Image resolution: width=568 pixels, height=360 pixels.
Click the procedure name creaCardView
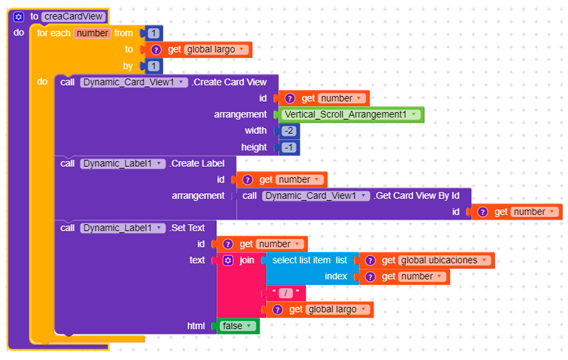click(74, 16)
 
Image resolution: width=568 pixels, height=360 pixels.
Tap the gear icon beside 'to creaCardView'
click(19, 17)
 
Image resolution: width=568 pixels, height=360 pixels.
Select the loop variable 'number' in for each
click(92, 33)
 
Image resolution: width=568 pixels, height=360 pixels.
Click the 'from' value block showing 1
click(154, 33)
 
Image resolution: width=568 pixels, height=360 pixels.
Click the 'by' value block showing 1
click(154, 66)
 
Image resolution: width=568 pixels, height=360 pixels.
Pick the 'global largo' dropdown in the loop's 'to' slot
click(215, 49)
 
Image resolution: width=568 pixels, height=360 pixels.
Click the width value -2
click(289, 131)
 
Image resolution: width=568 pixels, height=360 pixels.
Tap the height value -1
click(289, 147)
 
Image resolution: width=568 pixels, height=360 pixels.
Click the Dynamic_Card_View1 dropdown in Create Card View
click(134, 82)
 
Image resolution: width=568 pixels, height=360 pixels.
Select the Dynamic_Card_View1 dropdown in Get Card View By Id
click(316, 196)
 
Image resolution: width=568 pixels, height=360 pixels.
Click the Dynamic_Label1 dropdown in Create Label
click(122, 164)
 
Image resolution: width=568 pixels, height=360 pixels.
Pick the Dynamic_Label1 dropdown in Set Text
click(122, 228)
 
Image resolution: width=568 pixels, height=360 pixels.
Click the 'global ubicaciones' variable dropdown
click(444, 260)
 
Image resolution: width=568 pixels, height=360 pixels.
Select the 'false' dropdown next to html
click(237, 326)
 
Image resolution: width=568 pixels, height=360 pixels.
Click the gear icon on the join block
click(228, 260)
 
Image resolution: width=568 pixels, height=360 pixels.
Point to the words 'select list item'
click(302, 260)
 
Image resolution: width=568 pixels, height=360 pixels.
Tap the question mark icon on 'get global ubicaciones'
click(370, 260)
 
